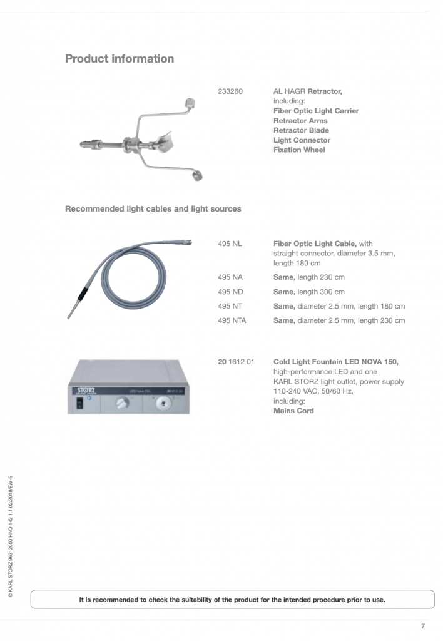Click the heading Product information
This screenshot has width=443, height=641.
tap(120, 59)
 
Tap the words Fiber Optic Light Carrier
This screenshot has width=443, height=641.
tap(316, 111)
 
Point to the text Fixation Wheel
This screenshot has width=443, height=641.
tap(299, 150)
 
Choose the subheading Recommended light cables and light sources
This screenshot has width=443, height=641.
tap(153, 208)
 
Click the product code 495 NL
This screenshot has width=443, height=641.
tap(230, 244)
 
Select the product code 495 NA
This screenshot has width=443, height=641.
tap(230, 277)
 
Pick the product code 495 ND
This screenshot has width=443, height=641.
tap(230, 292)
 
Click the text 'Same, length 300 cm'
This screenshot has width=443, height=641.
tap(308, 292)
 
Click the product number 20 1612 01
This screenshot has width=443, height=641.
tap(236, 362)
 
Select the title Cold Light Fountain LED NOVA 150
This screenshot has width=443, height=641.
tap(335, 362)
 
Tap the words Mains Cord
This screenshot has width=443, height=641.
tap(293, 411)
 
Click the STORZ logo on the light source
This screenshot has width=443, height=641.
tap(83, 391)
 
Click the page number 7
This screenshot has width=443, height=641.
tap(422, 626)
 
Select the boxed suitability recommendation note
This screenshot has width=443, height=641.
tap(232, 599)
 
